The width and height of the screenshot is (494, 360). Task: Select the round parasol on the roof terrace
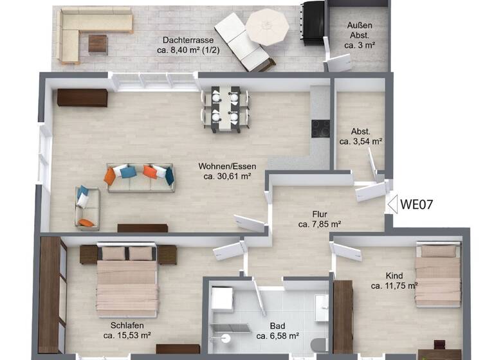[x=268, y=27]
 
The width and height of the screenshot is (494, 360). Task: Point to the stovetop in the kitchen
[x=320, y=129]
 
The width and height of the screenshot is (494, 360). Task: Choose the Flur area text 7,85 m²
[x=320, y=224]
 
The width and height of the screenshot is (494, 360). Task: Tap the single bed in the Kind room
[x=437, y=275]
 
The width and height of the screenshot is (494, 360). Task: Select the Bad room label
[x=277, y=325]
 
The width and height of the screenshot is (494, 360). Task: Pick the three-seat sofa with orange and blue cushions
[x=140, y=177]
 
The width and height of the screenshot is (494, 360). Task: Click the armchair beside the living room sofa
[x=87, y=207]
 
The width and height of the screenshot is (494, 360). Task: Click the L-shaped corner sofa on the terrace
[x=90, y=32]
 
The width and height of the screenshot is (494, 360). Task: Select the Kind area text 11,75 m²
[x=394, y=286]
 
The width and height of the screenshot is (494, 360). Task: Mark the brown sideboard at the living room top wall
[x=82, y=98]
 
